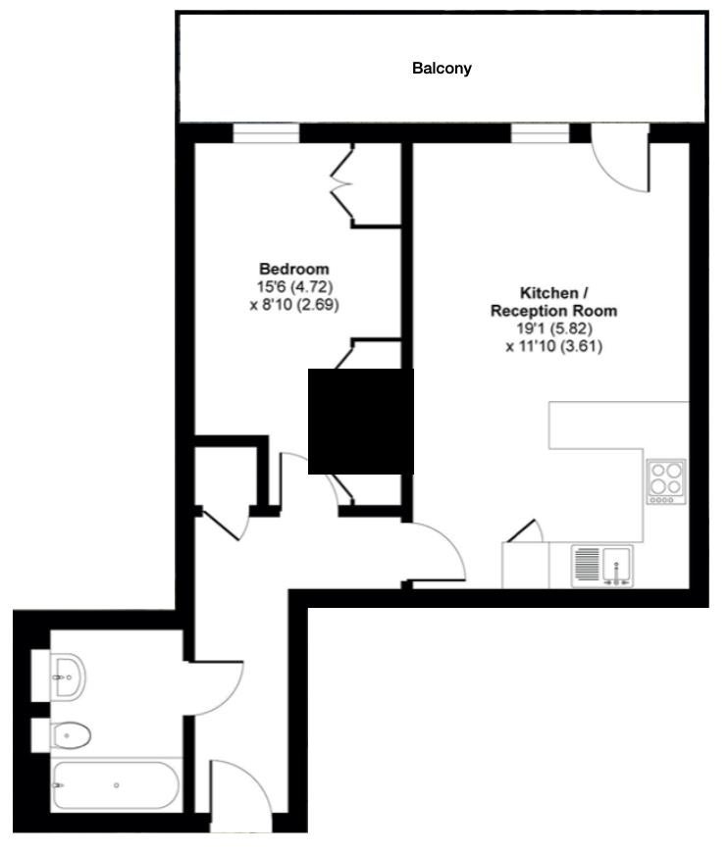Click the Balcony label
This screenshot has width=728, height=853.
tap(442, 69)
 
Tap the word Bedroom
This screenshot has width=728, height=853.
tap(294, 269)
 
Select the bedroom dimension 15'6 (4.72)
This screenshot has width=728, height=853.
tap(294, 286)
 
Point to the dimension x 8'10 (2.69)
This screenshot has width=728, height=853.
tap(294, 304)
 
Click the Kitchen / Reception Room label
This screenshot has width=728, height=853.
tap(553, 302)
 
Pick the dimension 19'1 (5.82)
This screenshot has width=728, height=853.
tap(554, 328)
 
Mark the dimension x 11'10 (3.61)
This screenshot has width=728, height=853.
tap(554, 346)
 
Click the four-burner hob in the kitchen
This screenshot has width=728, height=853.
tap(666, 481)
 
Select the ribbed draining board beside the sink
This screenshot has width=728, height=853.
tap(587, 563)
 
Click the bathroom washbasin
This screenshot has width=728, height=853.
tap(68, 677)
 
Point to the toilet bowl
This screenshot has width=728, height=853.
tap(71, 735)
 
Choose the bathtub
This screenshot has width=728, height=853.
tap(116, 785)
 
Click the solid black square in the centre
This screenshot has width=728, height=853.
tap(361, 422)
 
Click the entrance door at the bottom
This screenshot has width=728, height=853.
tap(240, 794)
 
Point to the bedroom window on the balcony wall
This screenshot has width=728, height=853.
tap(266, 133)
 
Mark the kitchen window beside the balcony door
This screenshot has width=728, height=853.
tap(541, 133)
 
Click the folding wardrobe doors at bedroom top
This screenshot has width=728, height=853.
tap(342, 185)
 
